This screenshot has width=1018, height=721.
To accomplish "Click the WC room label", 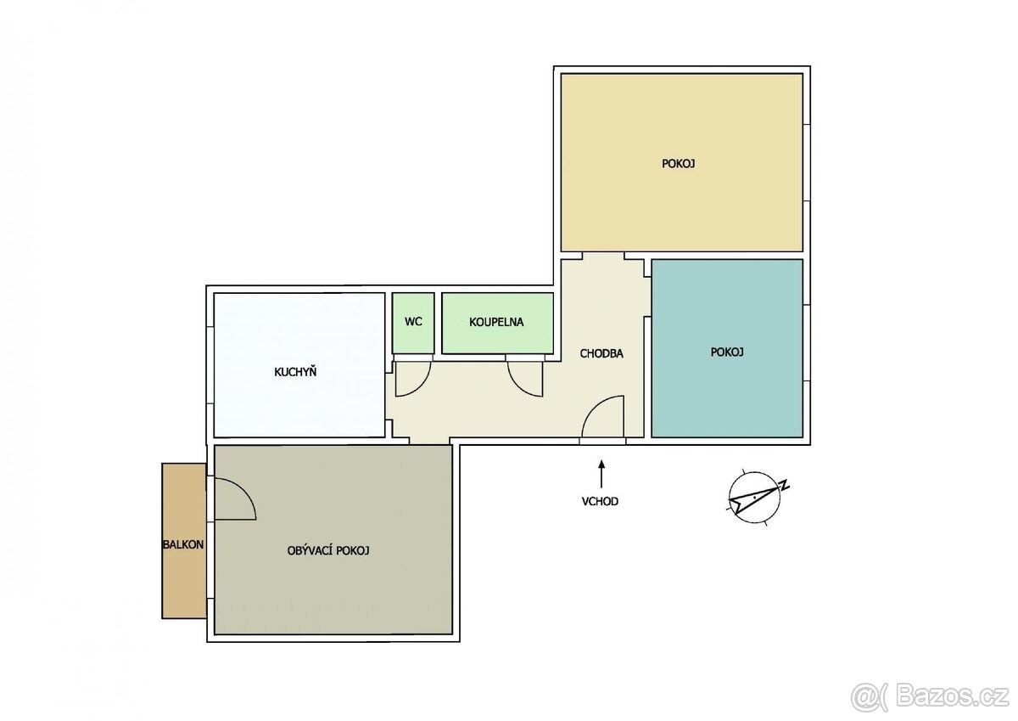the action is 413,322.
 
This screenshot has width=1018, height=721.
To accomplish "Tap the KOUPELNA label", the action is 496,322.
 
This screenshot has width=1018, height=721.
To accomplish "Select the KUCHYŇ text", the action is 295,372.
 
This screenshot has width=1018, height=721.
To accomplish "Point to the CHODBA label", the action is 601,353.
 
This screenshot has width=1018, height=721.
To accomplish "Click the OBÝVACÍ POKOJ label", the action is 328,550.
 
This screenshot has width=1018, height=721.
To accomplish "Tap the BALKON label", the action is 183,544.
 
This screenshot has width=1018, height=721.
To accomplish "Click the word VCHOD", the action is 600,501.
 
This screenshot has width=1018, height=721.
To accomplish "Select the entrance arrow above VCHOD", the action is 601,474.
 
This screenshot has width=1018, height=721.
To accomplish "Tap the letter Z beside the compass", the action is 784,485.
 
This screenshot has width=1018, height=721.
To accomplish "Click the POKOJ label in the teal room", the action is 727,352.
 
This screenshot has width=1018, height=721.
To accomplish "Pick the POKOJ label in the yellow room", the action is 678,163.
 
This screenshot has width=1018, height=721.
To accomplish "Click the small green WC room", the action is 413,323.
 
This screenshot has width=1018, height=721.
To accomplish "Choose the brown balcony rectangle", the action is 183,541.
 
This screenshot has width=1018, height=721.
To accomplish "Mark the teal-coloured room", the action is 727,348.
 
